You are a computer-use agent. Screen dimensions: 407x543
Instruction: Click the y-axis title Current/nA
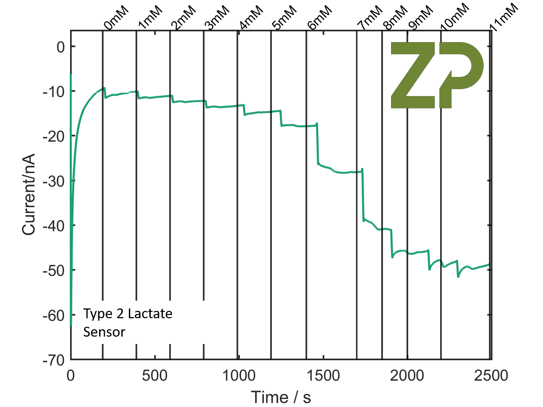pos(29,194)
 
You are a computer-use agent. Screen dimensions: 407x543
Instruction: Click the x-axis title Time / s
pos(281,397)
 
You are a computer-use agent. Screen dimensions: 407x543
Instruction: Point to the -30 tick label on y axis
pos(54,181)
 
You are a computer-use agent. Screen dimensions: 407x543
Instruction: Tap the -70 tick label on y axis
pos(54,360)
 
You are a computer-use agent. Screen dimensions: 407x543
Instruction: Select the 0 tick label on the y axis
pos(61,47)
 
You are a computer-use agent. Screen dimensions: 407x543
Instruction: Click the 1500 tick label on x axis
pos(323,376)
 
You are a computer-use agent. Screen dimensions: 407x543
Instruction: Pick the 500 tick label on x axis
pos(154,376)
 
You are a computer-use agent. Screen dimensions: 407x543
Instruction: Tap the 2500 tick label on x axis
pos(491,376)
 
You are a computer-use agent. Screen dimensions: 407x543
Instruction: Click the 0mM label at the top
pos(116,18)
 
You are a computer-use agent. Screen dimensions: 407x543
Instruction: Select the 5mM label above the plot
pos(284,18)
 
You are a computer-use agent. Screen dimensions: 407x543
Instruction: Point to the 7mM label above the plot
pos(369,18)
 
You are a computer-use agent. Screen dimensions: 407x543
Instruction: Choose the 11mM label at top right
pos(504,17)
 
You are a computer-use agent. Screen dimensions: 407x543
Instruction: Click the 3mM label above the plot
pos(217,18)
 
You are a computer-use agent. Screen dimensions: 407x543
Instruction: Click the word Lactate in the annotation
pos(150,314)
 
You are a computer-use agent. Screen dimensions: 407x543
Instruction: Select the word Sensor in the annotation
pos(104,332)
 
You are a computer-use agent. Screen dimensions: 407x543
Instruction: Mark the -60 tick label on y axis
pos(54,315)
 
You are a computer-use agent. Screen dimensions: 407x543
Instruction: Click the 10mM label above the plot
pos(454,17)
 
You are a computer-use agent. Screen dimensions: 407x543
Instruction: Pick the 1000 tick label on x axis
pos(239,376)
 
